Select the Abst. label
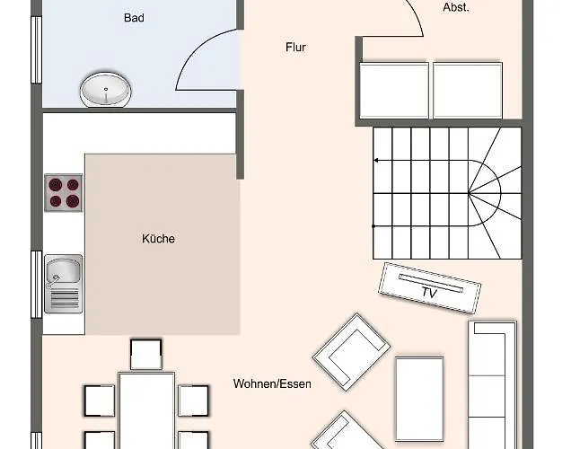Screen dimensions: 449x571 (456, 7)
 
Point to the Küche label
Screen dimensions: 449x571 (158, 239)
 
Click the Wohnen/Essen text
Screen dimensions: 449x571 (272, 383)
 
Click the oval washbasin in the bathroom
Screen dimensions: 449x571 (106, 90)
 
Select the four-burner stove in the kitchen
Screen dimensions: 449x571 (63, 192)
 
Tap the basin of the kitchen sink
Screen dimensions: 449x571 (63, 269)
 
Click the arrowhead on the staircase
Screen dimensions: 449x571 (376, 161)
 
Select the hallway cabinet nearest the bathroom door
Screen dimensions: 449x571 (393, 89)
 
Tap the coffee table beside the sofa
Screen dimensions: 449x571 (419, 385)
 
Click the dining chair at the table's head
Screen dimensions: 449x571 (145, 354)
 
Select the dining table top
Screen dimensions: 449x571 (145, 409)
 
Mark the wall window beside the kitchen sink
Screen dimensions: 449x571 (36, 283)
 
